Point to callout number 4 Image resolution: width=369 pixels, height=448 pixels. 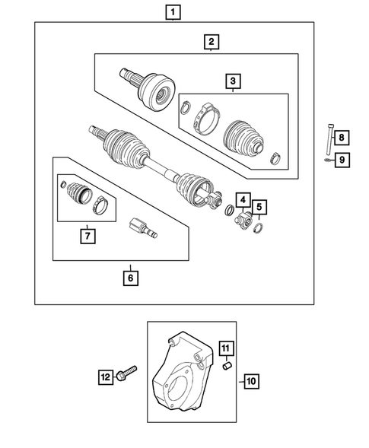(242, 201)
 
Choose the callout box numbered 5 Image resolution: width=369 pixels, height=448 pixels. (259, 206)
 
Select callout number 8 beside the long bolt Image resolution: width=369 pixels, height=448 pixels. (342, 138)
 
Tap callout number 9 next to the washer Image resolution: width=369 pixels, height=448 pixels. (342, 160)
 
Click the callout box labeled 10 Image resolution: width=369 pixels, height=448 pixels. (252, 381)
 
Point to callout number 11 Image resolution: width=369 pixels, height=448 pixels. (225, 349)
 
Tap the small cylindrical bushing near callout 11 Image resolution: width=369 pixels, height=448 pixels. (225, 368)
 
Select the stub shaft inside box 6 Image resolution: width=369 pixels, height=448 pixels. (143, 227)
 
